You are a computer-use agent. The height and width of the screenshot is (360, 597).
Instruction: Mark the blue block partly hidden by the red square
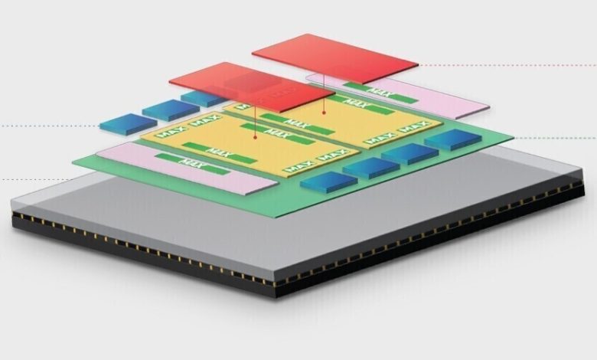click(x=201, y=98)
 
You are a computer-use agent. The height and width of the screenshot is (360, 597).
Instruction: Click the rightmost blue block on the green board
click(x=452, y=139)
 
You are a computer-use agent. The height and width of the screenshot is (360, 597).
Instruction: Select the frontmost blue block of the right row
click(x=328, y=182)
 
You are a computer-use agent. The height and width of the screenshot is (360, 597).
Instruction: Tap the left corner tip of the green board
click(x=73, y=162)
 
